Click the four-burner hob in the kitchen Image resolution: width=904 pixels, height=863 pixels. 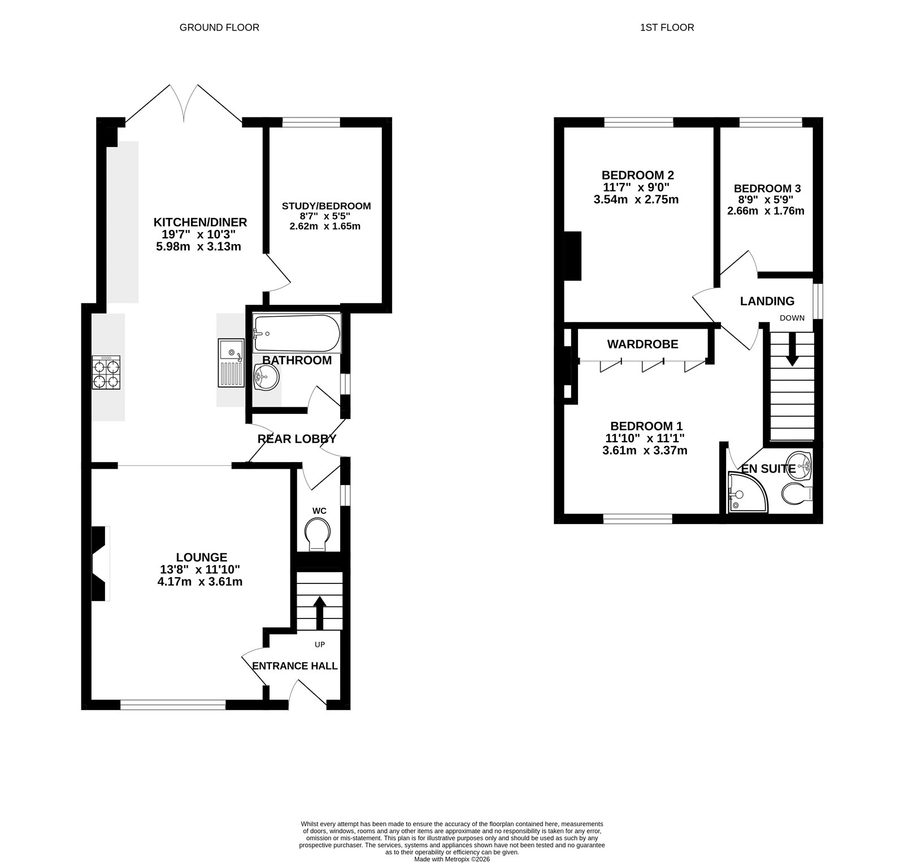[x=106, y=372]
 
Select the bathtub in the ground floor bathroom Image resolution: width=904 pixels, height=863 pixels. [x=296, y=333]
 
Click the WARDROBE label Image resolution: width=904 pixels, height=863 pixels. [x=642, y=344]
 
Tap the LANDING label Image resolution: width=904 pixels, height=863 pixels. [x=767, y=301]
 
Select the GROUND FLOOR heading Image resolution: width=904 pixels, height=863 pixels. [x=219, y=27]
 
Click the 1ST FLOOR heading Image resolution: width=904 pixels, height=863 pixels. [x=667, y=27]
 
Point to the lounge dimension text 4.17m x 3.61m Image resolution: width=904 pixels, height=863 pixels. [x=200, y=581]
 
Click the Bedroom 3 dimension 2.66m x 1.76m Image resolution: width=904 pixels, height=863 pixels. [x=766, y=211]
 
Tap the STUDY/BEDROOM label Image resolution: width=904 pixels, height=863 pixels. [x=326, y=206]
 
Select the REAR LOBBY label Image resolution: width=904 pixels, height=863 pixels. [x=297, y=439]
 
